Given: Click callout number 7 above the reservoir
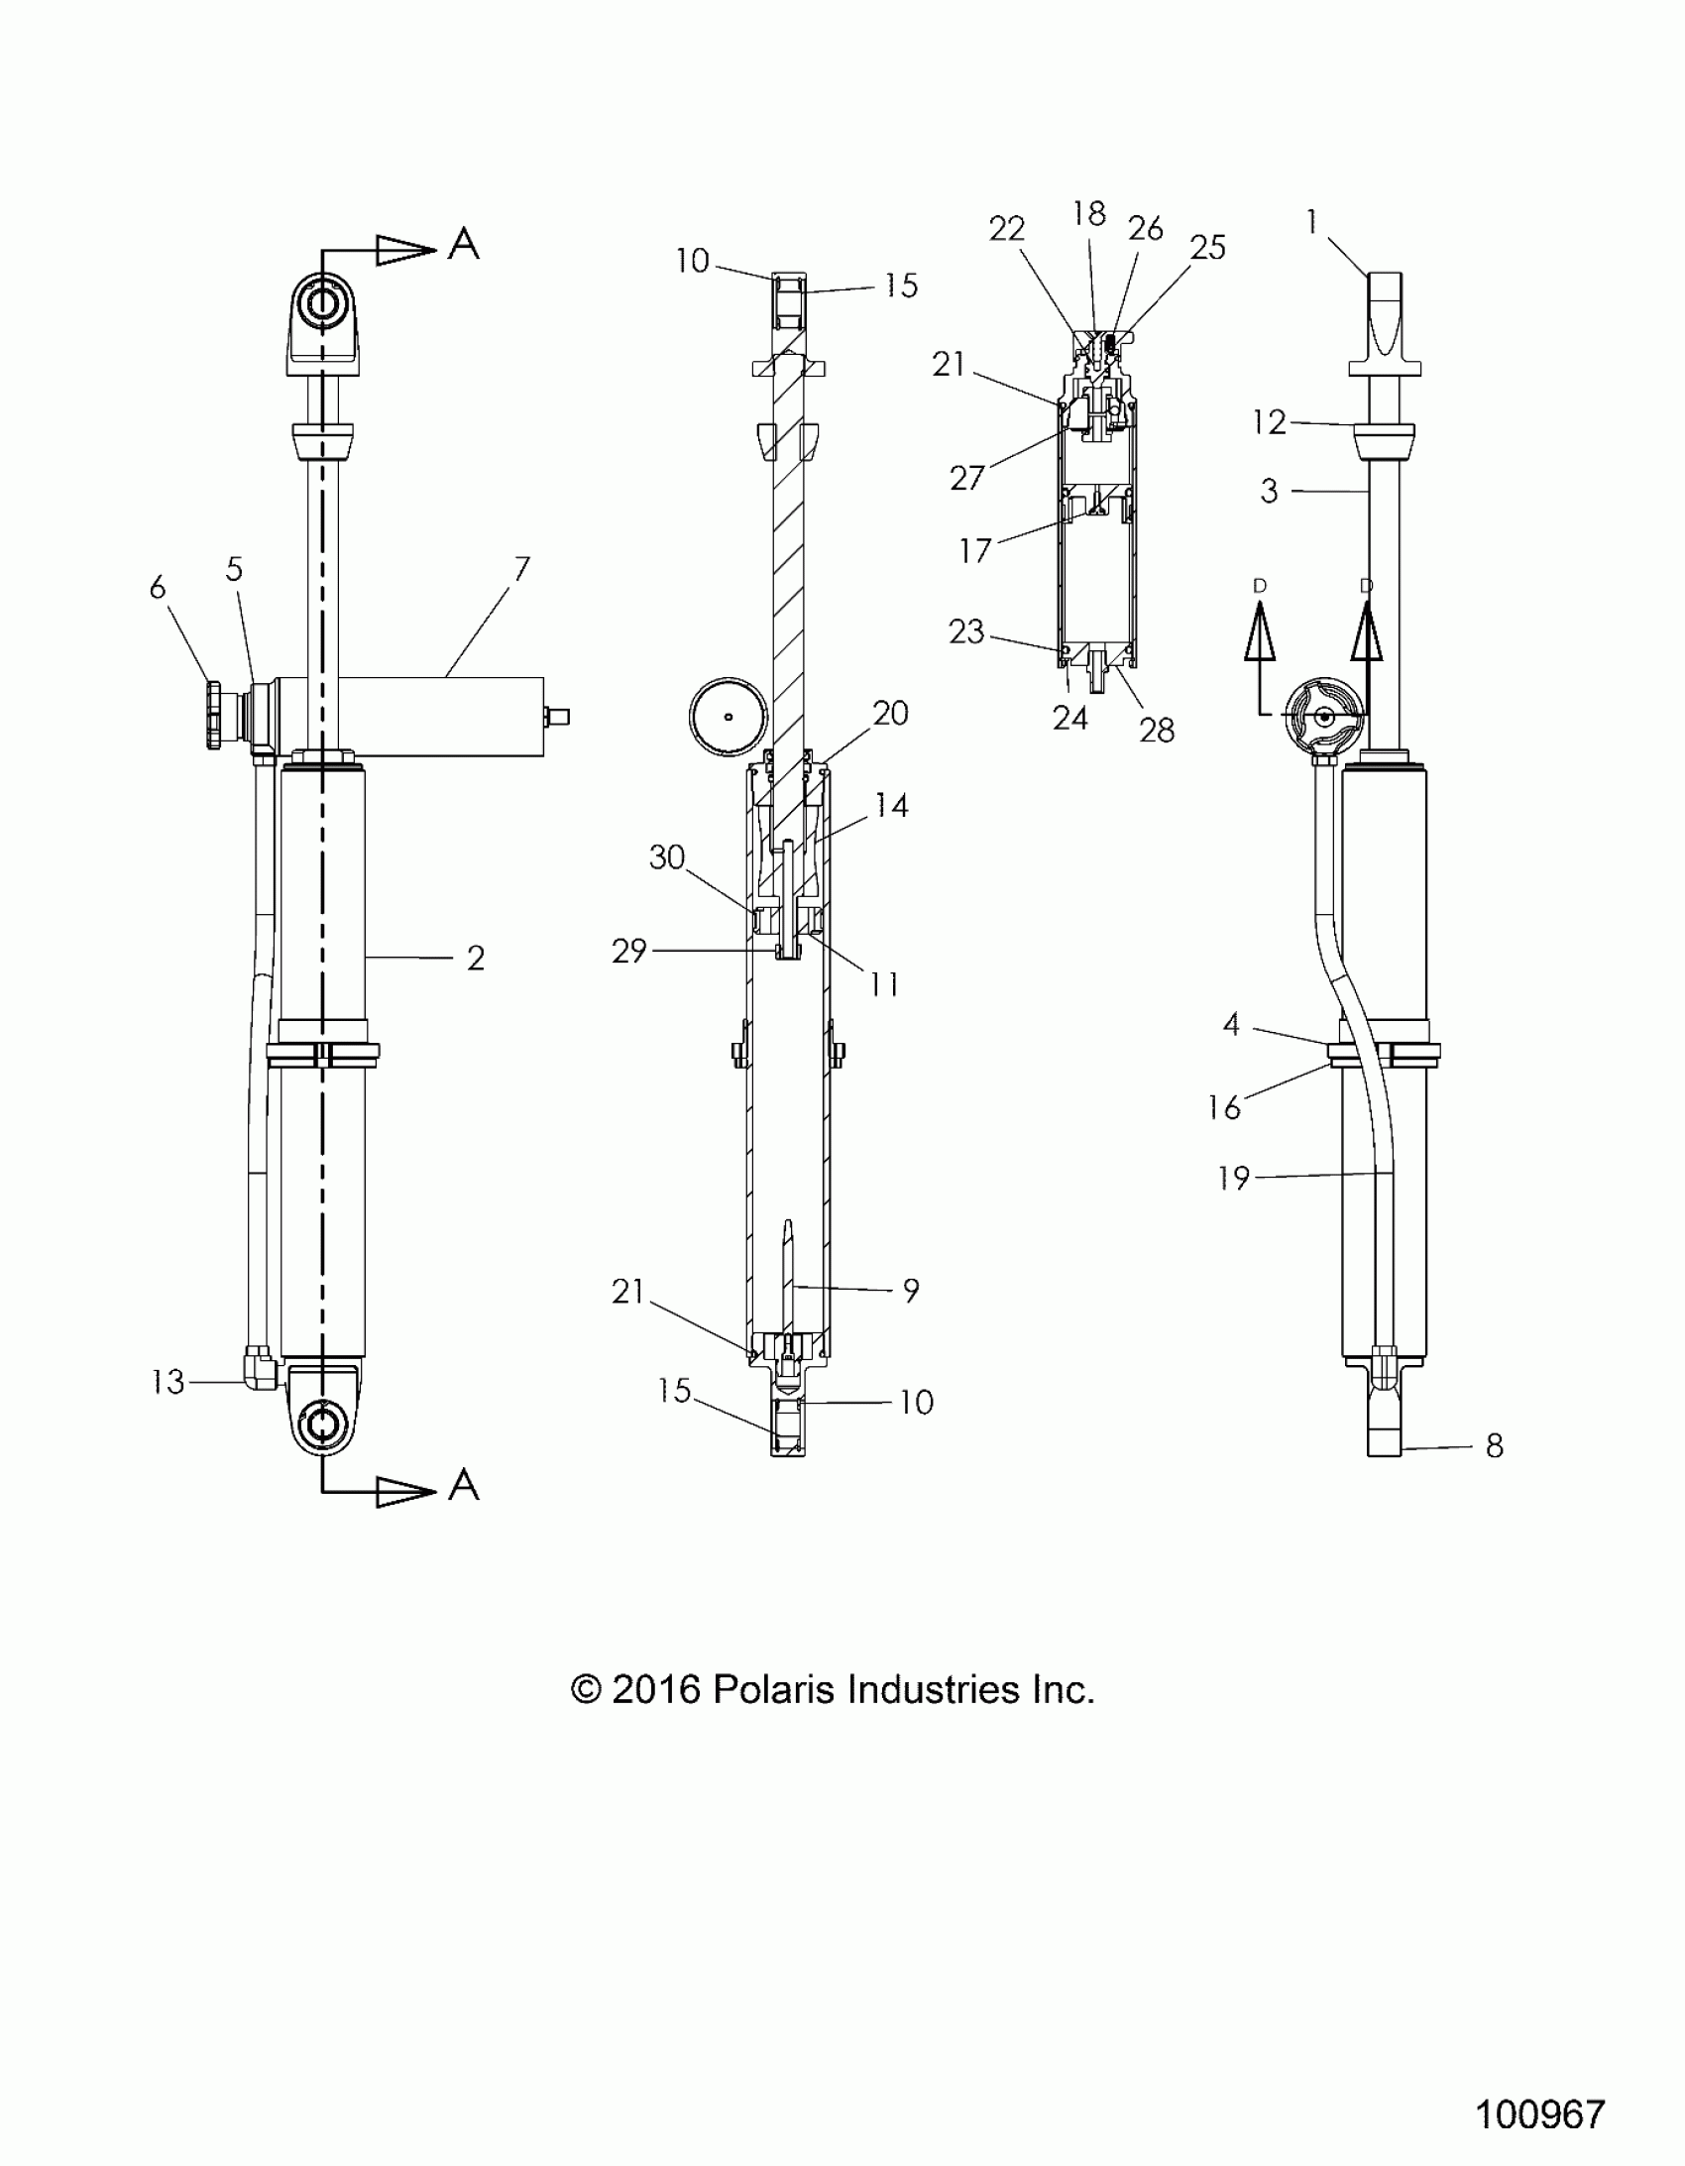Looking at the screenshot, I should [x=520, y=569].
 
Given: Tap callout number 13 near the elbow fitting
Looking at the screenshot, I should [x=168, y=1382].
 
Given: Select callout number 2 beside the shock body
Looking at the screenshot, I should [x=475, y=958].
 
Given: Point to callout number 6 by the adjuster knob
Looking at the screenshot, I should [x=157, y=587].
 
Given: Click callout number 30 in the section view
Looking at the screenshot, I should [x=666, y=856].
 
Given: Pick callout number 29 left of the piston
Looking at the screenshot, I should [x=628, y=951].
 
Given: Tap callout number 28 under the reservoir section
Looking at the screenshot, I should [x=1157, y=730].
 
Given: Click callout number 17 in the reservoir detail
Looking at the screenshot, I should [x=975, y=550].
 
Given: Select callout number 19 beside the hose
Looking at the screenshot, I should [x=1233, y=1179].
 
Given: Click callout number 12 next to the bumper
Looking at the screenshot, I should [x=1269, y=422].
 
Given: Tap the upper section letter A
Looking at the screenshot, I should [x=463, y=243].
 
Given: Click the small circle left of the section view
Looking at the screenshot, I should [x=729, y=716].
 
